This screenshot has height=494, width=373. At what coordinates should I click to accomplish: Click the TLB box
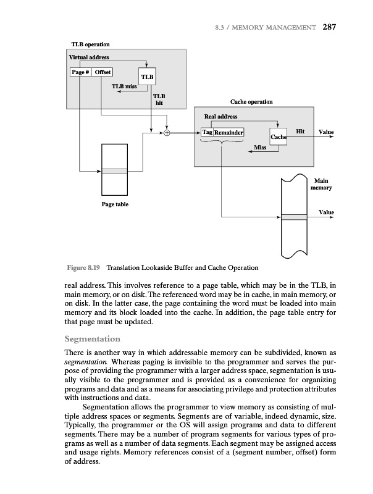click(148, 77)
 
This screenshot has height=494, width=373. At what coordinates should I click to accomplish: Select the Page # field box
click(80, 71)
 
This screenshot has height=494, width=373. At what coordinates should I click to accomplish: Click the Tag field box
click(207, 132)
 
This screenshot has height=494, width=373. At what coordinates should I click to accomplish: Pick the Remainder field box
click(228, 132)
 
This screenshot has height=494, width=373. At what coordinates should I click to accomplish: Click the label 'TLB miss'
click(124, 86)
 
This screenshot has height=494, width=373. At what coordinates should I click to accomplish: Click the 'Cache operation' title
click(251, 101)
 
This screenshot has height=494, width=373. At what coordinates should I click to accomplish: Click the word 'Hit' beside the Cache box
click(301, 132)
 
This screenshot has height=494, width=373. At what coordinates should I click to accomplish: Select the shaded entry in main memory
click(293, 217)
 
